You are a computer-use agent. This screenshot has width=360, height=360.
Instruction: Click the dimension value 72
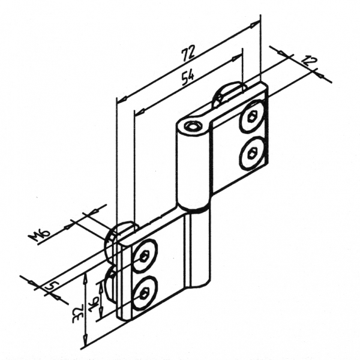188,53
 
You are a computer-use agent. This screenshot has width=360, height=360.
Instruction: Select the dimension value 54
188,78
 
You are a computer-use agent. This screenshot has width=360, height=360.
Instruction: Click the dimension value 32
78,314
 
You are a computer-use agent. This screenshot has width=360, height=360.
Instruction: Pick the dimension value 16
94,304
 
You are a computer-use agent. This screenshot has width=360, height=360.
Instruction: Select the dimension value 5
52,285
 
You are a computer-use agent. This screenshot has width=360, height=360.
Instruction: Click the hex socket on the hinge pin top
191,126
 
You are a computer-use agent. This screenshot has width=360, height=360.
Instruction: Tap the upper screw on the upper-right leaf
251,116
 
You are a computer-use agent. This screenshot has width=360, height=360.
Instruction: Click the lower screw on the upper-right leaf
251,154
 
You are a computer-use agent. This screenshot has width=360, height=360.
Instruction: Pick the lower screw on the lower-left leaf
145,293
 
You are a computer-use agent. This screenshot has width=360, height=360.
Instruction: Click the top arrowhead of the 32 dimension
85,277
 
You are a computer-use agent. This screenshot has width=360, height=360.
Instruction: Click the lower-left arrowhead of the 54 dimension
140,112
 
